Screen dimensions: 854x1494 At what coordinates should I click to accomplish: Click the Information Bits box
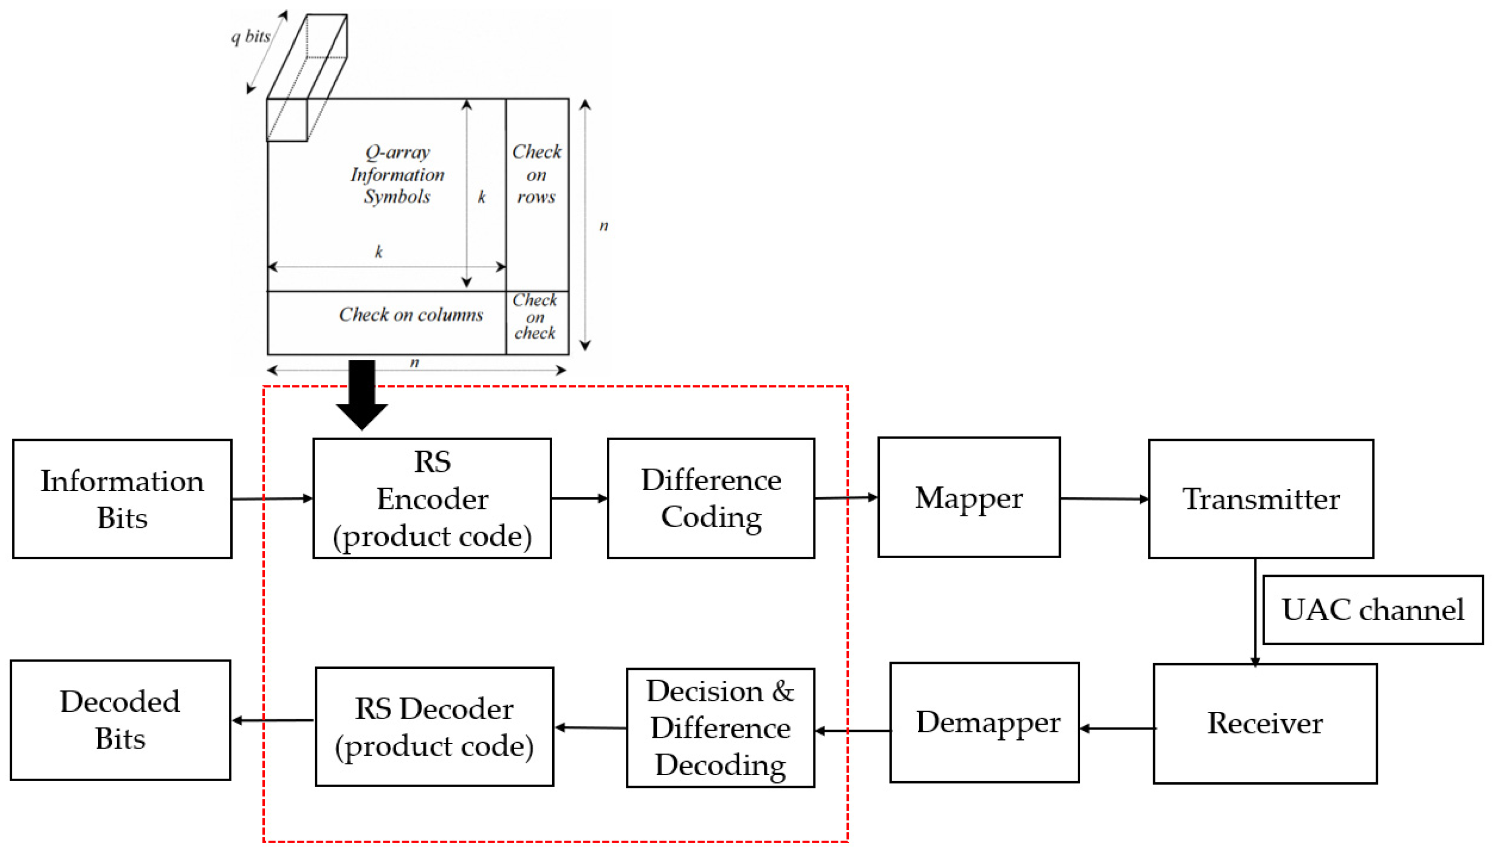[x=122, y=499]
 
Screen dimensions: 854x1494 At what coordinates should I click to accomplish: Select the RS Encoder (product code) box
[x=432, y=499]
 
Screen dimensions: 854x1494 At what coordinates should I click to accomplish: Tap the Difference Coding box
[x=711, y=499]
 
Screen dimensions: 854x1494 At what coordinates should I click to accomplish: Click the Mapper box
[x=968, y=497]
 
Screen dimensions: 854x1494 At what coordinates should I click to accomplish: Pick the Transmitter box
[x=1261, y=499]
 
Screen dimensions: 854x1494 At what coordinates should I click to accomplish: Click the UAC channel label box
[x=1372, y=610]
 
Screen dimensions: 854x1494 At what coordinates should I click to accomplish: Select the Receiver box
[x=1265, y=723]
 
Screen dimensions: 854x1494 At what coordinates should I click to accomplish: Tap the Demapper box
[x=985, y=723]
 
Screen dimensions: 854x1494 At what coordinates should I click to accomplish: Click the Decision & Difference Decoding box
[x=720, y=728]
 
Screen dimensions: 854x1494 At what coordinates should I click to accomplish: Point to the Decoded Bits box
[x=120, y=720]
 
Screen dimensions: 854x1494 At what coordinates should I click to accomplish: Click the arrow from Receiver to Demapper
[x=1117, y=728]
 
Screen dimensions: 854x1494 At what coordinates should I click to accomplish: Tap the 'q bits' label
[x=250, y=37]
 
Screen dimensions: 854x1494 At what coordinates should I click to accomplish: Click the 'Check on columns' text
[x=410, y=315]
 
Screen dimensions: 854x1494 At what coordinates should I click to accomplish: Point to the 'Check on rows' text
[x=536, y=174]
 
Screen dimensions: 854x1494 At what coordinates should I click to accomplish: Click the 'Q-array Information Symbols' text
[x=397, y=174]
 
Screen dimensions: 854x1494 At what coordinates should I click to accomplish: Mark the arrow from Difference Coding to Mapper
[x=845, y=498]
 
